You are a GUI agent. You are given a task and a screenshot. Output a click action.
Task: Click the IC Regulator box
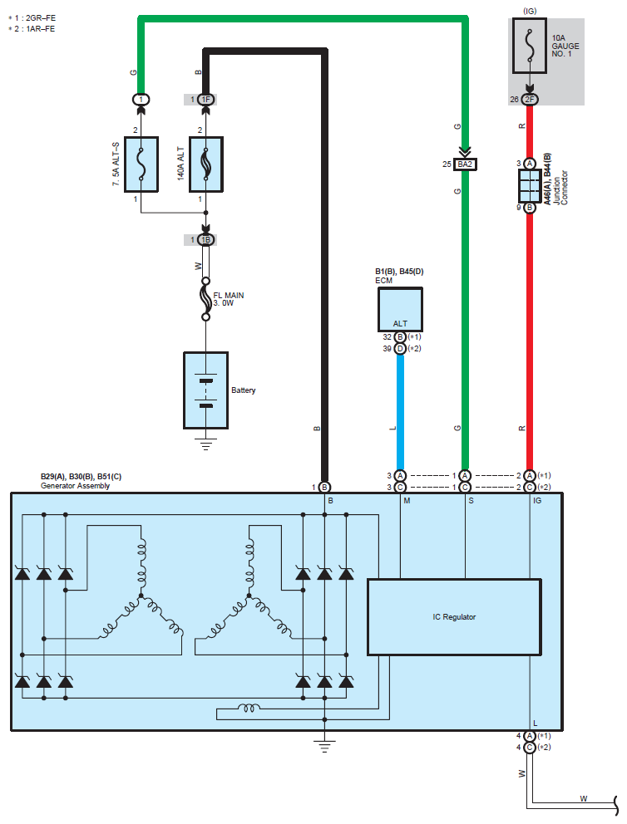coord(454,616)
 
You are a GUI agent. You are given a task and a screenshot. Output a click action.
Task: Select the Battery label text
coord(244,390)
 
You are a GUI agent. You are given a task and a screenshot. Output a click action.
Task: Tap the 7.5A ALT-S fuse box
coord(141,163)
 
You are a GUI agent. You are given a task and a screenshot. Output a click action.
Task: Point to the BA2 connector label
coord(464,164)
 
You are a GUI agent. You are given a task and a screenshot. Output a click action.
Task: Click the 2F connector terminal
coord(530,100)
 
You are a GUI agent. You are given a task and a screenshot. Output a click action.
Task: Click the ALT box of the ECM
coord(400,309)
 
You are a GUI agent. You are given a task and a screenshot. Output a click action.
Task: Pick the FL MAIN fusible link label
coord(230,298)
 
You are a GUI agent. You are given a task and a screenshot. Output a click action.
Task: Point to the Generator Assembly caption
coord(75,486)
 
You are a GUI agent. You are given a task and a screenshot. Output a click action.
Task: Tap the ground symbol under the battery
coord(205,441)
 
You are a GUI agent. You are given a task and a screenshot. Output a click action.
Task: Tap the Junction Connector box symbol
coord(529,186)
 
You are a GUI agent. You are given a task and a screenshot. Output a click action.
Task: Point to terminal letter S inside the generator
coord(471,501)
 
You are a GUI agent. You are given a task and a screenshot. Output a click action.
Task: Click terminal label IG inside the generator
coord(537,501)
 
